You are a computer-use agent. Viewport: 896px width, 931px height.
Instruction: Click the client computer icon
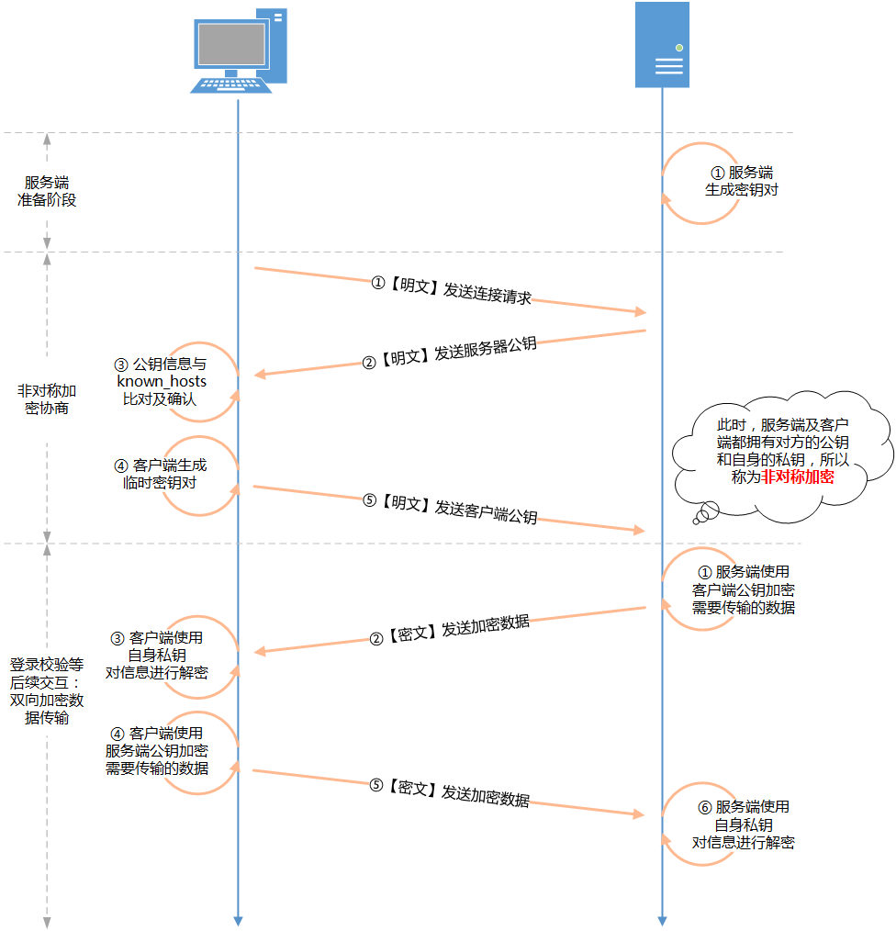(239, 50)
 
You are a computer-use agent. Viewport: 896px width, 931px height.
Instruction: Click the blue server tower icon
(662, 45)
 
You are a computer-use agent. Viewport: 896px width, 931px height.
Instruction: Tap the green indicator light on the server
(679, 48)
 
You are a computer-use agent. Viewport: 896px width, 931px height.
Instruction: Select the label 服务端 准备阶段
(47, 191)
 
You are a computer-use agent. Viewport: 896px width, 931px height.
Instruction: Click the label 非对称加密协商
(47, 399)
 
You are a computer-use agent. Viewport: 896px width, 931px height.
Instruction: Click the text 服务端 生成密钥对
(742, 181)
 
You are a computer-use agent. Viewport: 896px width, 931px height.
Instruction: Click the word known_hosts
(162, 381)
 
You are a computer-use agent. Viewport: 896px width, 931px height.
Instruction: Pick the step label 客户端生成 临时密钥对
(161, 474)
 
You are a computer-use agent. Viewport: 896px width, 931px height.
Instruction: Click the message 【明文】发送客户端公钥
(451, 509)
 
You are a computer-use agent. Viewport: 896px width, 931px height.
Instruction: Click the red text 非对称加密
(798, 477)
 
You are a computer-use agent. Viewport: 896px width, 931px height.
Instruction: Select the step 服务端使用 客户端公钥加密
(744, 589)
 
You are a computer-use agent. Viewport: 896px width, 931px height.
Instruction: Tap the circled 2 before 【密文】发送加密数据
(376, 639)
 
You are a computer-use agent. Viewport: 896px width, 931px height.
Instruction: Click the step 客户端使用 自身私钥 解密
(157, 655)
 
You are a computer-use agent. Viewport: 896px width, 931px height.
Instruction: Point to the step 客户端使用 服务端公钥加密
(157, 750)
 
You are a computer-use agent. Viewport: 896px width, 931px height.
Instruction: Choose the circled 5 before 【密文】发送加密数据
(376, 785)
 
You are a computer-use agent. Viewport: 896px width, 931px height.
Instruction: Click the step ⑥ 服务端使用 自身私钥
(744, 824)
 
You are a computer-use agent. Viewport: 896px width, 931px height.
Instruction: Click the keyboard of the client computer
(231, 85)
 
